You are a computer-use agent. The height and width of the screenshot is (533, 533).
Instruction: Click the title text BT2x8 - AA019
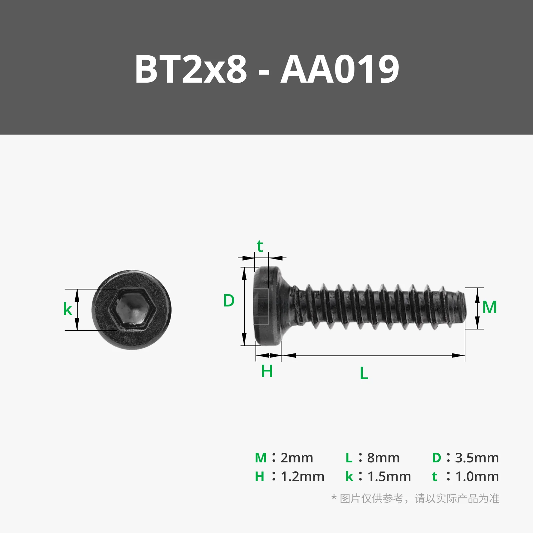(266, 69)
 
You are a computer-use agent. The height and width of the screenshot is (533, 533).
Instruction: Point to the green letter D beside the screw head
(229, 300)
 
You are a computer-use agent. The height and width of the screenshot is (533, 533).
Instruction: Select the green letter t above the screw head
(260, 247)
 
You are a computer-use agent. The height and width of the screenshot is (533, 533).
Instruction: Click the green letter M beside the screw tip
(489, 307)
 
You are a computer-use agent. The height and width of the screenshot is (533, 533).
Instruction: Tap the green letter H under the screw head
(267, 371)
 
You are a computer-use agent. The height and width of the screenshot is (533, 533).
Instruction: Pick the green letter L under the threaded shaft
(364, 373)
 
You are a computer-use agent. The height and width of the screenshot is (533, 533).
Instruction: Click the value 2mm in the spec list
(296, 458)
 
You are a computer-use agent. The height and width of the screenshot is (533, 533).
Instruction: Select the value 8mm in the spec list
(383, 458)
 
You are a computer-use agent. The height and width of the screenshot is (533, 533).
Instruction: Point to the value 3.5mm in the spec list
(477, 458)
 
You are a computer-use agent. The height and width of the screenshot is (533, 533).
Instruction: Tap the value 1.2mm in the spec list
(302, 476)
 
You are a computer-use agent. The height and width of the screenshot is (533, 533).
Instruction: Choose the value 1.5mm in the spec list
(389, 476)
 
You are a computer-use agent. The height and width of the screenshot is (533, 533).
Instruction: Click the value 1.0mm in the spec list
(477, 476)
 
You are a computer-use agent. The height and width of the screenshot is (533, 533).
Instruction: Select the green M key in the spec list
(261, 458)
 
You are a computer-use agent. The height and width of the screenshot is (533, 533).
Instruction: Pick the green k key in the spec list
(349, 477)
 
